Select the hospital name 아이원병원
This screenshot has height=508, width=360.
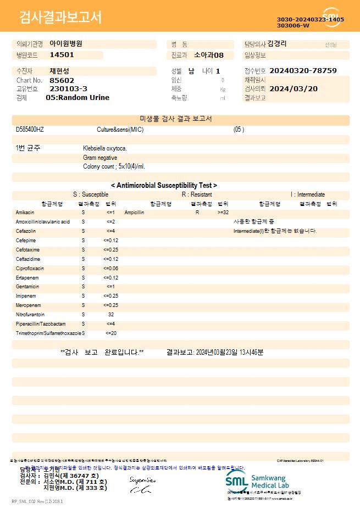click(x=66, y=43)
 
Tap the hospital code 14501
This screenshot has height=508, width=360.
click(x=62, y=55)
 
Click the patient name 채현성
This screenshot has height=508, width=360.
click(x=59, y=71)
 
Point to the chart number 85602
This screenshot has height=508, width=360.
click(x=62, y=80)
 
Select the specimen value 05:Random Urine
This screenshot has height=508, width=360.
click(x=77, y=98)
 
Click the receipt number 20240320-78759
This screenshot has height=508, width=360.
click(x=303, y=71)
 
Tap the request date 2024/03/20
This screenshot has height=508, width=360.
click(x=293, y=88)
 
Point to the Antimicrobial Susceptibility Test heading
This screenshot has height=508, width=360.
click(x=164, y=186)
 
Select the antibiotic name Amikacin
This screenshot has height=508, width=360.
click(x=25, y=212)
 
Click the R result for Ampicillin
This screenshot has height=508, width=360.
click(x=197, y=212)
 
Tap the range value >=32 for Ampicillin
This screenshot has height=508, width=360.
click(x=223, y=212)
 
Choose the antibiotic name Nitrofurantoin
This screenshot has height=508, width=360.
click(x=30, y=315)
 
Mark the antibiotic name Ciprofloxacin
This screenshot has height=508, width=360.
click(x=30, y=269)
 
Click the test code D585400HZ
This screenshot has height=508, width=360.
click(x=30, y=130)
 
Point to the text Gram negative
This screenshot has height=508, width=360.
click(x=100, y=158)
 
